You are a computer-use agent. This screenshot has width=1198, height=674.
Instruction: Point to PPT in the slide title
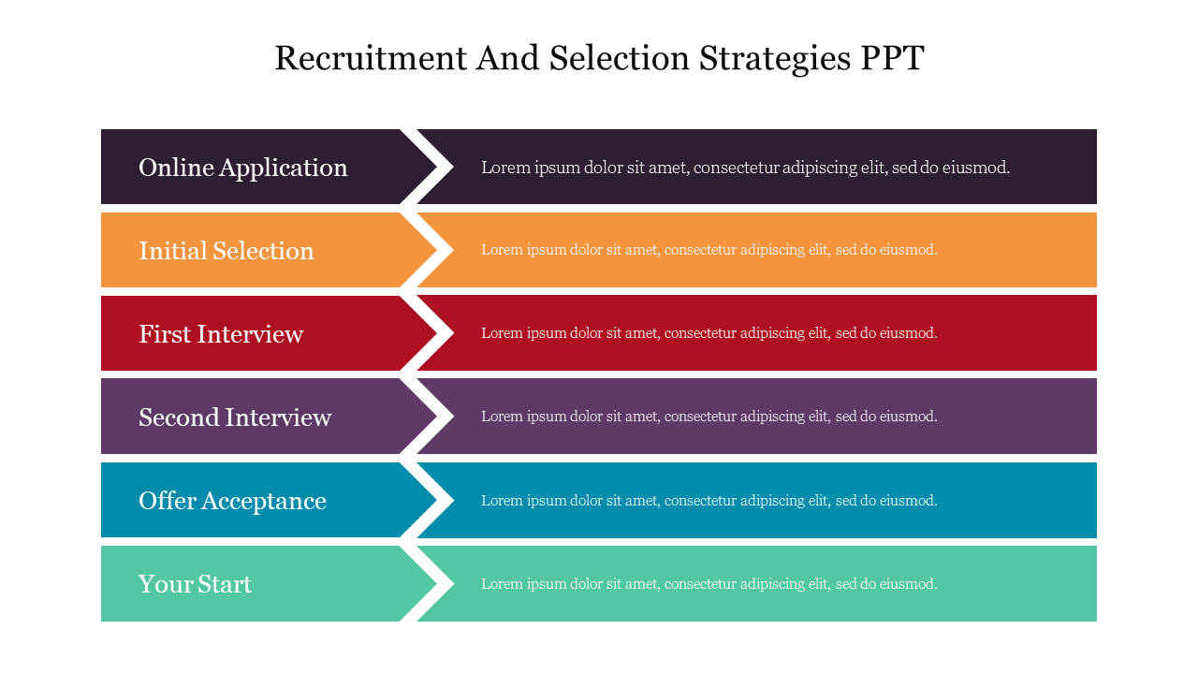[x=891, y=58]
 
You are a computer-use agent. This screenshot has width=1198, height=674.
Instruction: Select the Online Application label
[x=242, y=168]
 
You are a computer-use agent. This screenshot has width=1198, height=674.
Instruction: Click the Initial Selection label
[x=226, y=251]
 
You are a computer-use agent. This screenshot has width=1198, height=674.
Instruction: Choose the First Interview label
[x=221, y=334]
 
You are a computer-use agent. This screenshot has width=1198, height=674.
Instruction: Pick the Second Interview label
[x=235, y=418]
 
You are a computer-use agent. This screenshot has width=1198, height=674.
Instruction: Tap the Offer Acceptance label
[x=232, y=501]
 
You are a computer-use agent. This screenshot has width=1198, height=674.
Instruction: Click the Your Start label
[x=195, y=584]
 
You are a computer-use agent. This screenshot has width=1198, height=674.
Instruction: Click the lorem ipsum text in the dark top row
[x=745, y=168]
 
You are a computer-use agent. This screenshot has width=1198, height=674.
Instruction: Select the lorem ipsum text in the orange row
[x=709, y=250]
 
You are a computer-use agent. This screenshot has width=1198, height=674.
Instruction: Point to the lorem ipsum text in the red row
[x=709, y=333]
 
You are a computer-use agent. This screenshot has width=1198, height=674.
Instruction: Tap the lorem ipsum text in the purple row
[x=709, y=417]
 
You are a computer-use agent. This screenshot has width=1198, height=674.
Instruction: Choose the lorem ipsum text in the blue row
[x=709, y=501]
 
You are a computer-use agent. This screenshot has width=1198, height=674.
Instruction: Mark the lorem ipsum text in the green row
[x=709, y=584]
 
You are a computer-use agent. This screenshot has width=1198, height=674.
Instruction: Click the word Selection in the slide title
[x=620, y=58]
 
